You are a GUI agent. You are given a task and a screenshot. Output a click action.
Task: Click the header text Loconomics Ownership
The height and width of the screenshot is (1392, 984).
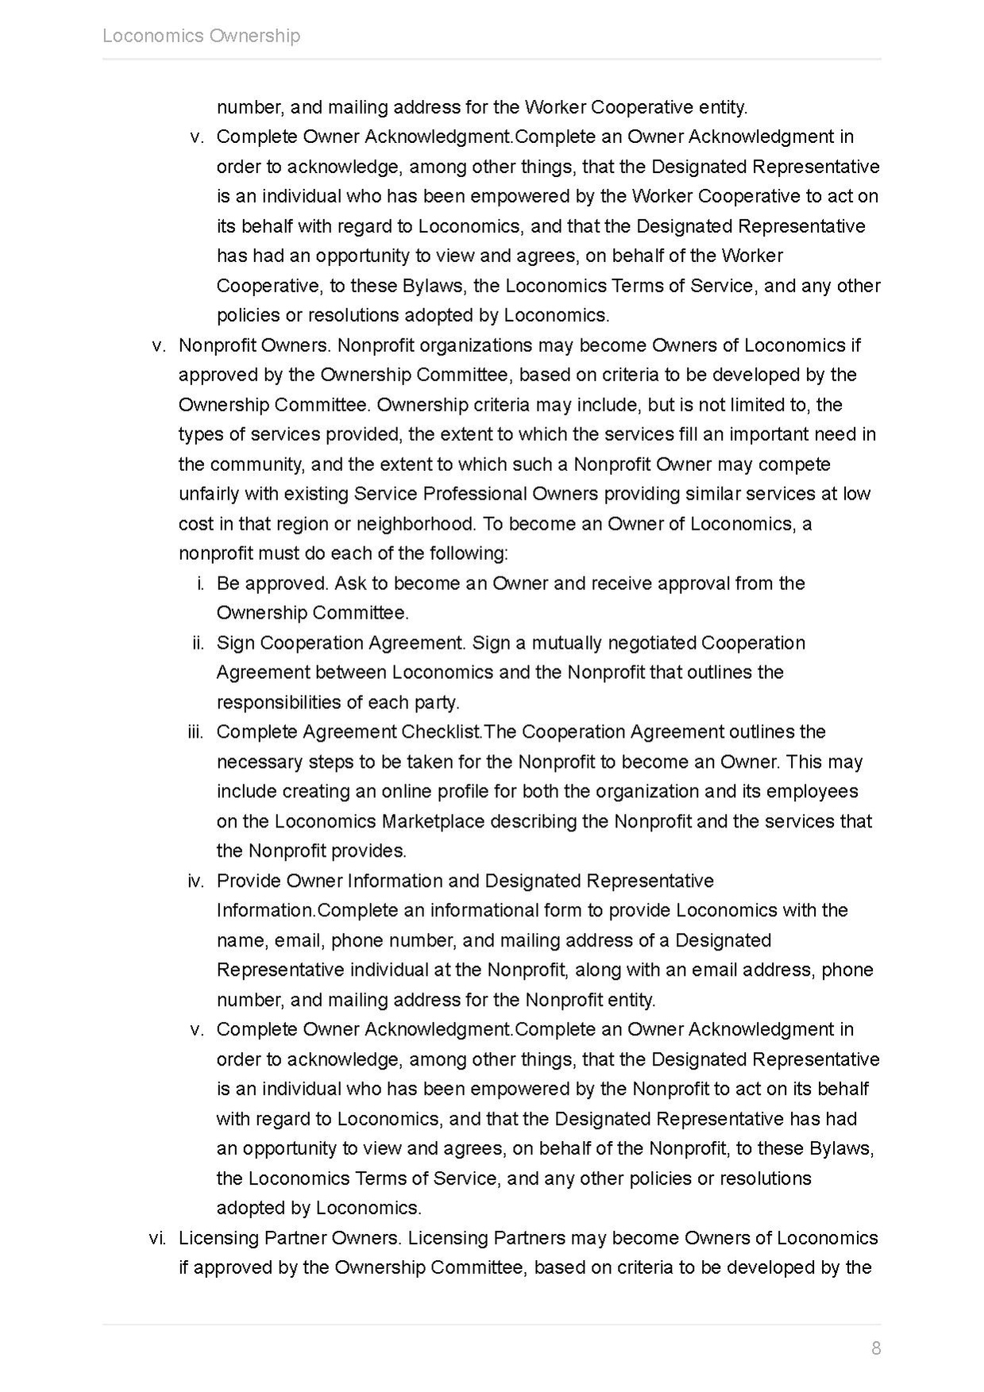click(x=201, y=36)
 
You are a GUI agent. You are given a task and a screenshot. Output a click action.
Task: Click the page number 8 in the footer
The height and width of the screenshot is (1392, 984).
click(x=876, y=1348)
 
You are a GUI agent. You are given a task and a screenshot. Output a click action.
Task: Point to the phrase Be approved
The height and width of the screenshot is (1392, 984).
click(x=272, y=584)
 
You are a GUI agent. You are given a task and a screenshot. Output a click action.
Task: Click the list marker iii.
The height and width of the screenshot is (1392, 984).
click(x=195, y=732)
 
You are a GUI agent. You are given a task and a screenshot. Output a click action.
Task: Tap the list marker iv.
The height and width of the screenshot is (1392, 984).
click(x=195, y=881)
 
